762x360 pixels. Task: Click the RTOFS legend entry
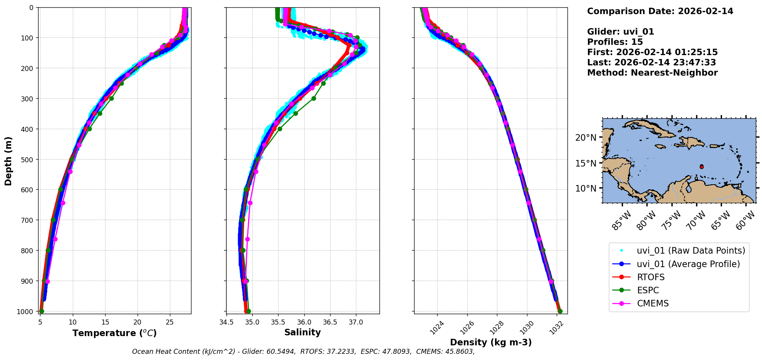(651, 277)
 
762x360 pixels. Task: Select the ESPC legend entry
(648, 290)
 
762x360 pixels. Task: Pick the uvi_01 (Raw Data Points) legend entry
(691, 251)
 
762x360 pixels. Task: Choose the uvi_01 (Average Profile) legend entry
(688, 264)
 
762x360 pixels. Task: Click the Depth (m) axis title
(8, 161)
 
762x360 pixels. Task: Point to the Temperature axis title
(114, 333)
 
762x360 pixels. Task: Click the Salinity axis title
(302, 332)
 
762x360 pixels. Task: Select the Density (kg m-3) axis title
(491, 342)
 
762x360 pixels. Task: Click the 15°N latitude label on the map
(586, 163)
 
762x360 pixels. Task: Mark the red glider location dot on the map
(702, 167)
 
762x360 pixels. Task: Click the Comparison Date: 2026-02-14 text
(660, 11)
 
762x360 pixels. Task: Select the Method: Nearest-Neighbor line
(652, 73)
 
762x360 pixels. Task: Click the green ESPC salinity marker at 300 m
(314, 98)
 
